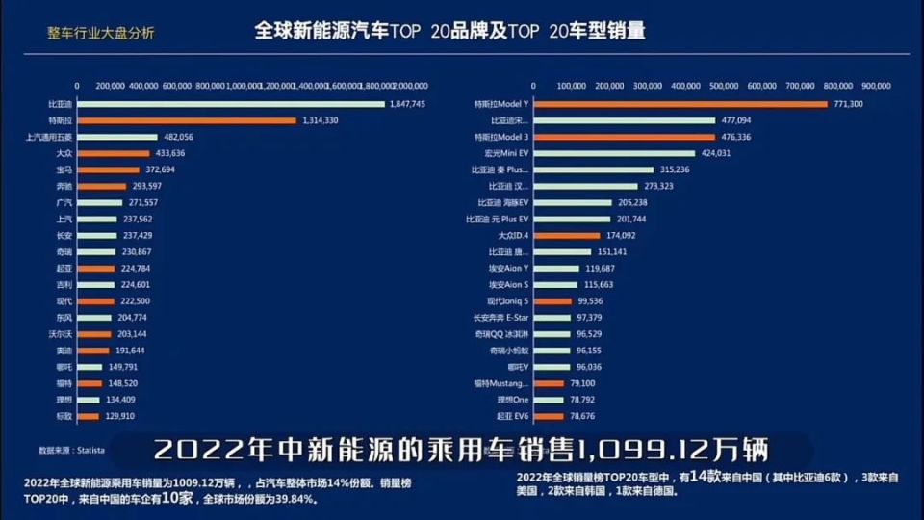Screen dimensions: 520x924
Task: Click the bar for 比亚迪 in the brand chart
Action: [230, 104]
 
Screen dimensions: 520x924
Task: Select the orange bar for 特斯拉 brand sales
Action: [186, 120]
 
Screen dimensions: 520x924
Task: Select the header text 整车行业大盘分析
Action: [100, 32]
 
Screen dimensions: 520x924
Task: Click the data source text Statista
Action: [91, 450]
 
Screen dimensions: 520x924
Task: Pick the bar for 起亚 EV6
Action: [547, 416]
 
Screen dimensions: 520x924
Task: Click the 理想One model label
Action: [513, 400]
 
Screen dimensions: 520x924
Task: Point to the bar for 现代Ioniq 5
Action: [549, 301]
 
